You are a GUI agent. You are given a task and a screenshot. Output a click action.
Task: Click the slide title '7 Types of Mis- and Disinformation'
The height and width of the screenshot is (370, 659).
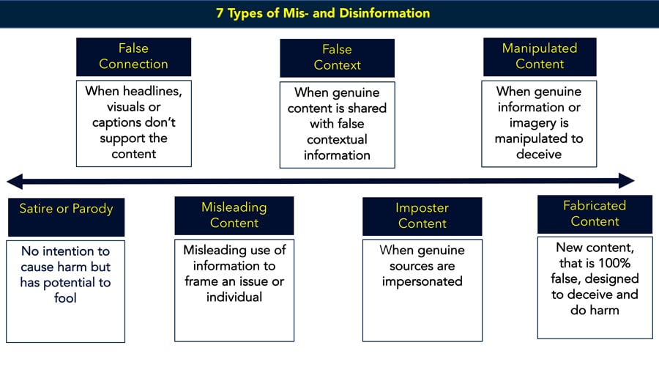click(323, 13)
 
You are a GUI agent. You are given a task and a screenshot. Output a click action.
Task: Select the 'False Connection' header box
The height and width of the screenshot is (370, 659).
click(134, 56)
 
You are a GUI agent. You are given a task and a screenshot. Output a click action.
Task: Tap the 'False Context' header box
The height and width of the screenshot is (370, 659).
click(337, 58)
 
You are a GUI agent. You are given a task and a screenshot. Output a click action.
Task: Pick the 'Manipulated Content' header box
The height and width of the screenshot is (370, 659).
click(540, 56)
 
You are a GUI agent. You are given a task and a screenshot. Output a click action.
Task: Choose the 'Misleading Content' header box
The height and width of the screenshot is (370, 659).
click(234, 215)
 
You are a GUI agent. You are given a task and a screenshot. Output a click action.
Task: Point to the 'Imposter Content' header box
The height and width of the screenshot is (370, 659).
click(422, 216)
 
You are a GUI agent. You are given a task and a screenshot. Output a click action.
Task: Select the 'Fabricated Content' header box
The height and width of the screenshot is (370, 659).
click(595, 214)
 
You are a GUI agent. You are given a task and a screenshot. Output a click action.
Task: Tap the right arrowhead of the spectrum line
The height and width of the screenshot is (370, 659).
click(626, 181)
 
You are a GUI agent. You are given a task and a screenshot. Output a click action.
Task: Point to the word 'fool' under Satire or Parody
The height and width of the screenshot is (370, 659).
click(65, 297)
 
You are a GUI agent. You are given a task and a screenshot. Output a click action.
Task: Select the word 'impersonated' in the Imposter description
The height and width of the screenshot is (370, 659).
click(422, 281)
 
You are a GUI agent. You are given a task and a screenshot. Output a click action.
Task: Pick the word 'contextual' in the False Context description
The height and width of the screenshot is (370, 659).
click(337, 139)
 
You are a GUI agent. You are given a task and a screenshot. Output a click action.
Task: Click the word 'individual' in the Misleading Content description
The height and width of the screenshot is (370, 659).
click(234, 297)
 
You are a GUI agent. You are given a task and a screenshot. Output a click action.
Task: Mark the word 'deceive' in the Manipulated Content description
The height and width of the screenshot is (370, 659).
click(539, 155)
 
